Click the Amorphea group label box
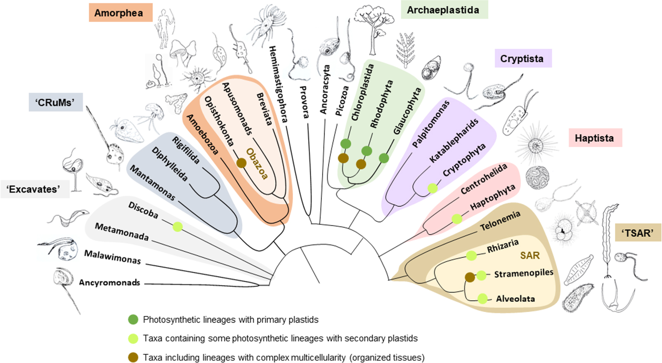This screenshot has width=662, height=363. pos(120,13)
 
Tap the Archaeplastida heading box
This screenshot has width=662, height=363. pos(444,10)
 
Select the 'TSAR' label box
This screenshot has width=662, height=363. pos(638,233)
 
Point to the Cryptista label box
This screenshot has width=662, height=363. pos(523,59)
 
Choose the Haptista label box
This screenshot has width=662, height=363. pos(594,138)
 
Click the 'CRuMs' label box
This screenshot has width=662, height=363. pos(56,102)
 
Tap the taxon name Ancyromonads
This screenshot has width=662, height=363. pos(110,283)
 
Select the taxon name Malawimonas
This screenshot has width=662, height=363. pos(112,257)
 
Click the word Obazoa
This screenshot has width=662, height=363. pos(257,164)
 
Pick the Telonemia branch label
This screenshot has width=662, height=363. pos(500,221)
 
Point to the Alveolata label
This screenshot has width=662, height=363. pos(515,299)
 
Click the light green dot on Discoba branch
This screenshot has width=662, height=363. pos(177,226)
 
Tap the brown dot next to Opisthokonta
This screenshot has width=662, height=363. pos(241,163)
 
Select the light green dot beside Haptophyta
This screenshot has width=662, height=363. pos(457,219)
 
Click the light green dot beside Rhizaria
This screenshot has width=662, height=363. pos(471,256)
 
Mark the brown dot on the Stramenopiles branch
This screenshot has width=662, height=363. pos(470,277)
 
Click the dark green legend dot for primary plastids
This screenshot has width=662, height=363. pos(133,319)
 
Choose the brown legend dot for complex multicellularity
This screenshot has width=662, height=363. pos(133,358)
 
